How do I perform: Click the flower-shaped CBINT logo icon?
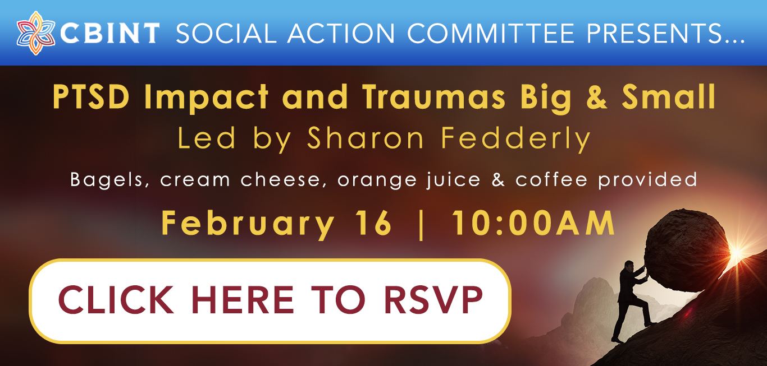point(35,33)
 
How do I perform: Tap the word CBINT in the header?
point(110,33)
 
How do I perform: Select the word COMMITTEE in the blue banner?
point(491,33)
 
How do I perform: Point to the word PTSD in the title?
point(91,97)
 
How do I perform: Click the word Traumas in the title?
point(433,97)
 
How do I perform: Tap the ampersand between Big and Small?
point(597,97)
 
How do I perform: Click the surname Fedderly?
point(516,139)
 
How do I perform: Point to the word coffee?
point(551,179)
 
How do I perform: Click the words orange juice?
point(409,180)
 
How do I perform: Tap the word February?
point(248,223)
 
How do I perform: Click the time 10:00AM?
point(533,223)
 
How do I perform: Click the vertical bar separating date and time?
point(421,225)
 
